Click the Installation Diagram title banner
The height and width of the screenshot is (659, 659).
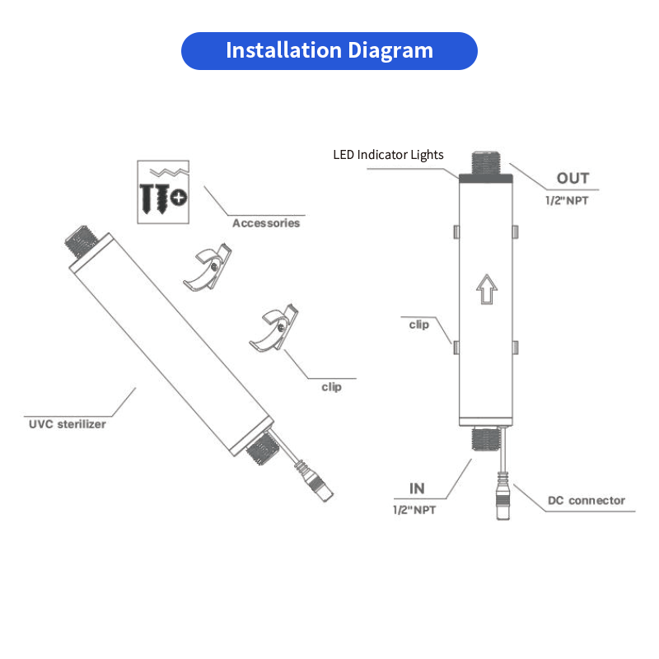point(329,51)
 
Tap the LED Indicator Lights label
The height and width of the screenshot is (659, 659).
point(388,155)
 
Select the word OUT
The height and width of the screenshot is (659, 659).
point(573,179)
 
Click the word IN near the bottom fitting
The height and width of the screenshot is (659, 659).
point(418,489)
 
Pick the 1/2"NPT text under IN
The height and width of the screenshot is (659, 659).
point(414,511)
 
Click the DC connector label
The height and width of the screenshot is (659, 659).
point(587,500)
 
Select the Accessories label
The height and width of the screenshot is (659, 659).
point(265,223)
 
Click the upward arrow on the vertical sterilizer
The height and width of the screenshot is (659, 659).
point(486,289)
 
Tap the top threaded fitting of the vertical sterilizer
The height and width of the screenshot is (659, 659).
point(486,161)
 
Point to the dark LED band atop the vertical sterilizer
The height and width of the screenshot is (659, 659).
point(486,175)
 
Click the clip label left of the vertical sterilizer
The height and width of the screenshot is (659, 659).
point(419,325)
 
